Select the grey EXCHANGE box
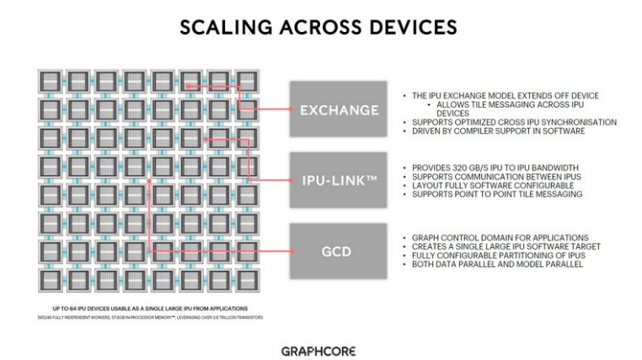tap(337, 109)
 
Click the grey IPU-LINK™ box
tap(337, 180)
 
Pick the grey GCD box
tap(337, 251)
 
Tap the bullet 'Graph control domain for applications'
tap(500, 238)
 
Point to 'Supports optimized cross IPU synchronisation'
tap(514, 122)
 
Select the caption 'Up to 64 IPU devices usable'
tap(147, 307)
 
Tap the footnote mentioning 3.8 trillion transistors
tap(147, 317)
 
